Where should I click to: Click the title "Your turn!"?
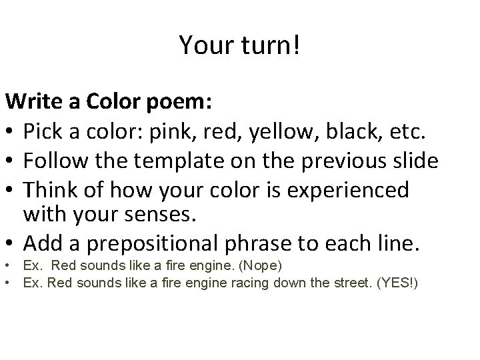239,45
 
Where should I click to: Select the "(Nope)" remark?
262,266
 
